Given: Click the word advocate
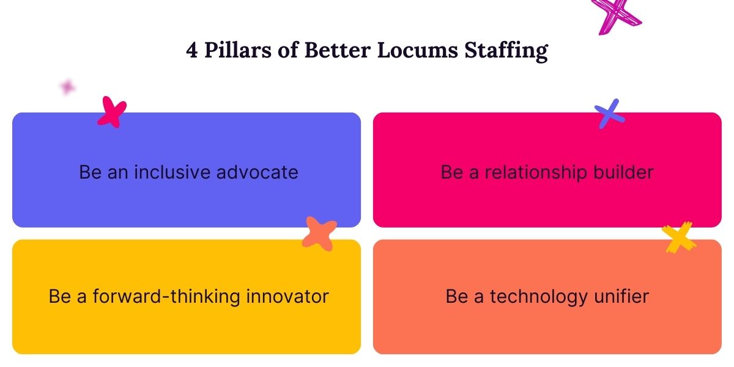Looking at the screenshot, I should coord(258,172).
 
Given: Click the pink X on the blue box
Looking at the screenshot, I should coord(112,112).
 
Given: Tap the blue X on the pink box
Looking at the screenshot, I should coord(610,114).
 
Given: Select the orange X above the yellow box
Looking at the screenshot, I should coord(319,233).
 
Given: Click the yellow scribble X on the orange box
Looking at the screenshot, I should coord(679,237).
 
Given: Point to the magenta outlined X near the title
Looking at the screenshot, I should coord(615,13).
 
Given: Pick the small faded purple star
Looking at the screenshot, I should coord(67,87).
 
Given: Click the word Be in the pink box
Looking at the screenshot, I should coord(452,172).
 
